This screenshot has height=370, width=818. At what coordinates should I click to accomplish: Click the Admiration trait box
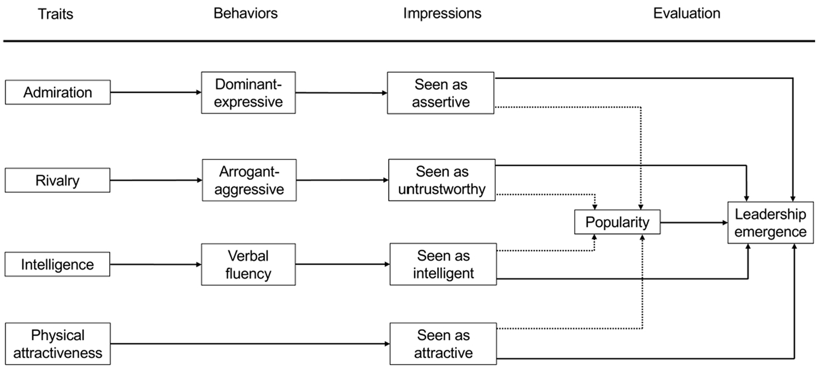point(58,92)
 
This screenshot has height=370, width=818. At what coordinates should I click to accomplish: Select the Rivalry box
point(58,180)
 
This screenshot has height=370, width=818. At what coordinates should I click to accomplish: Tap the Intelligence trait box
point(57,264)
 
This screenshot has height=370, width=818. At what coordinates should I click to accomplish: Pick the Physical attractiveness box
point(58,344)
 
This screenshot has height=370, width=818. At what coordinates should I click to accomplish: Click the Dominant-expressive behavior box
point(248,92)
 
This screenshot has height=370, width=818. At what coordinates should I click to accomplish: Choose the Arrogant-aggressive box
point(249,180)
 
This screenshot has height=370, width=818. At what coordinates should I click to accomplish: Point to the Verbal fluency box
point(248,264)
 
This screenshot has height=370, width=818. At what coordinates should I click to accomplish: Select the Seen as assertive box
point(441,93)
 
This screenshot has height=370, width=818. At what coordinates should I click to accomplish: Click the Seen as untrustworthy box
point(442,180)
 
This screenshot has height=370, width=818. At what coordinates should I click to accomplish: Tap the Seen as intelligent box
point(443,264)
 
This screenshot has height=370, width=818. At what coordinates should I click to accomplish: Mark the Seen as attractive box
point(443,344)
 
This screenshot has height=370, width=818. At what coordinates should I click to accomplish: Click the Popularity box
point(617,222)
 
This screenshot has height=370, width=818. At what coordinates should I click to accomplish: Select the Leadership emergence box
point(771,223)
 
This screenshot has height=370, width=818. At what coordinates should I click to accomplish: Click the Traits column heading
point(56,14)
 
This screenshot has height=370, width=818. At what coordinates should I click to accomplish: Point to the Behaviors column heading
point(245,13)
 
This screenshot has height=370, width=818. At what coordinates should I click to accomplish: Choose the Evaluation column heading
point(687,13)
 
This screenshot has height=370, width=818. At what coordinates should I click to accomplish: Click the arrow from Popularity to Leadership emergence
point(694,223)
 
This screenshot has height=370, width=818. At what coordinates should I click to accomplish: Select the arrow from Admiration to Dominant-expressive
point(156,92)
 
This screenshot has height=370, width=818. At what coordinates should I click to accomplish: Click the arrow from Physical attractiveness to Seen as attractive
point(250,344)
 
